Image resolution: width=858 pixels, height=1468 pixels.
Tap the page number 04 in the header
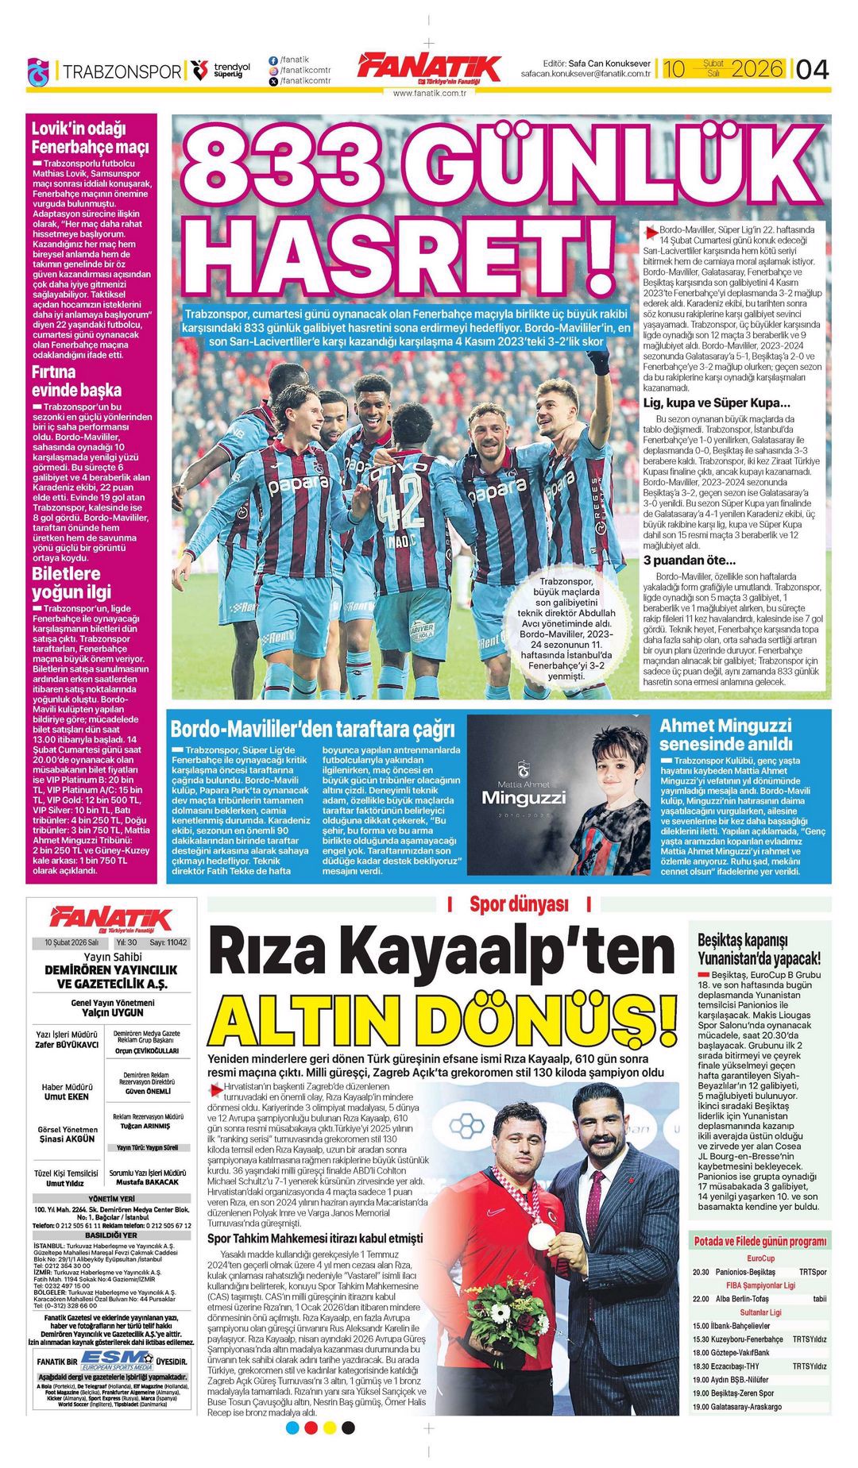click(x=811, y=70)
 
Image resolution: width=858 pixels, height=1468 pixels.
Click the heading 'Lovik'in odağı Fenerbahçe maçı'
click(x=90, y=137)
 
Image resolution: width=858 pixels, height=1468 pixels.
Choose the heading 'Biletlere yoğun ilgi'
click(x=71, y=583)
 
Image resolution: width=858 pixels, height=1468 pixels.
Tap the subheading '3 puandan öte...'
click(x=689, y=561)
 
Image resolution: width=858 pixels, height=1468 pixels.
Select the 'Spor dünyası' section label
click(x=519, y=904)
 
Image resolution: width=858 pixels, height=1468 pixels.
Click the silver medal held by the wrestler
click(x=541, y=1235)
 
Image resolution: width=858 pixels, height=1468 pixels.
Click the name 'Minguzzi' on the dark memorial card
click(x=524, y=796)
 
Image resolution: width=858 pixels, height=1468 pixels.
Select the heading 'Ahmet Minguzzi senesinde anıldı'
click(x=725, y=734)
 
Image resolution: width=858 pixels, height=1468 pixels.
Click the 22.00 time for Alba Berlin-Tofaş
click(x=700, y=1299)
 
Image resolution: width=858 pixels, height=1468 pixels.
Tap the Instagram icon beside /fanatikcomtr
click(x=273, y=70)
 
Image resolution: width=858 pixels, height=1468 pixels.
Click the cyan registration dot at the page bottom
click(x=292, y=1428)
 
